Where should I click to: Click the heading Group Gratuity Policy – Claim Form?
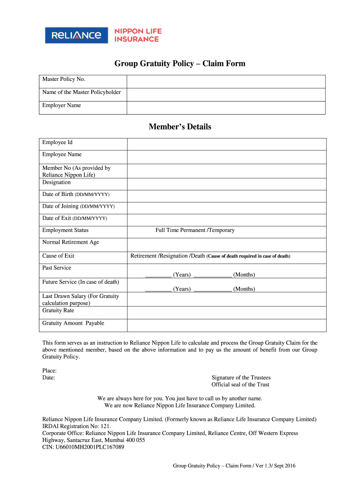click(180, 64)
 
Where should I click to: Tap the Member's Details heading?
click(180, 127)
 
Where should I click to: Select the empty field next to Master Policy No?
click(226, 81)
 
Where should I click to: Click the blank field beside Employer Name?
click(226, 108)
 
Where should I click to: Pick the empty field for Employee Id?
click(226, 144)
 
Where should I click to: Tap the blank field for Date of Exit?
click(226, 220)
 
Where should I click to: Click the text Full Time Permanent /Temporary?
click(195, 230)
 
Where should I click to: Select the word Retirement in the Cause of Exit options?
click(144, 256)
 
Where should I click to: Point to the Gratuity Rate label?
click(58, 311)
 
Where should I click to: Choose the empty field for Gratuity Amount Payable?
click(226, 325)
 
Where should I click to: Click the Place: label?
click(50, 370)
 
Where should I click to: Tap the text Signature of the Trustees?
click(241, 377)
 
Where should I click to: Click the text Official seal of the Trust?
click(240, 385)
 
